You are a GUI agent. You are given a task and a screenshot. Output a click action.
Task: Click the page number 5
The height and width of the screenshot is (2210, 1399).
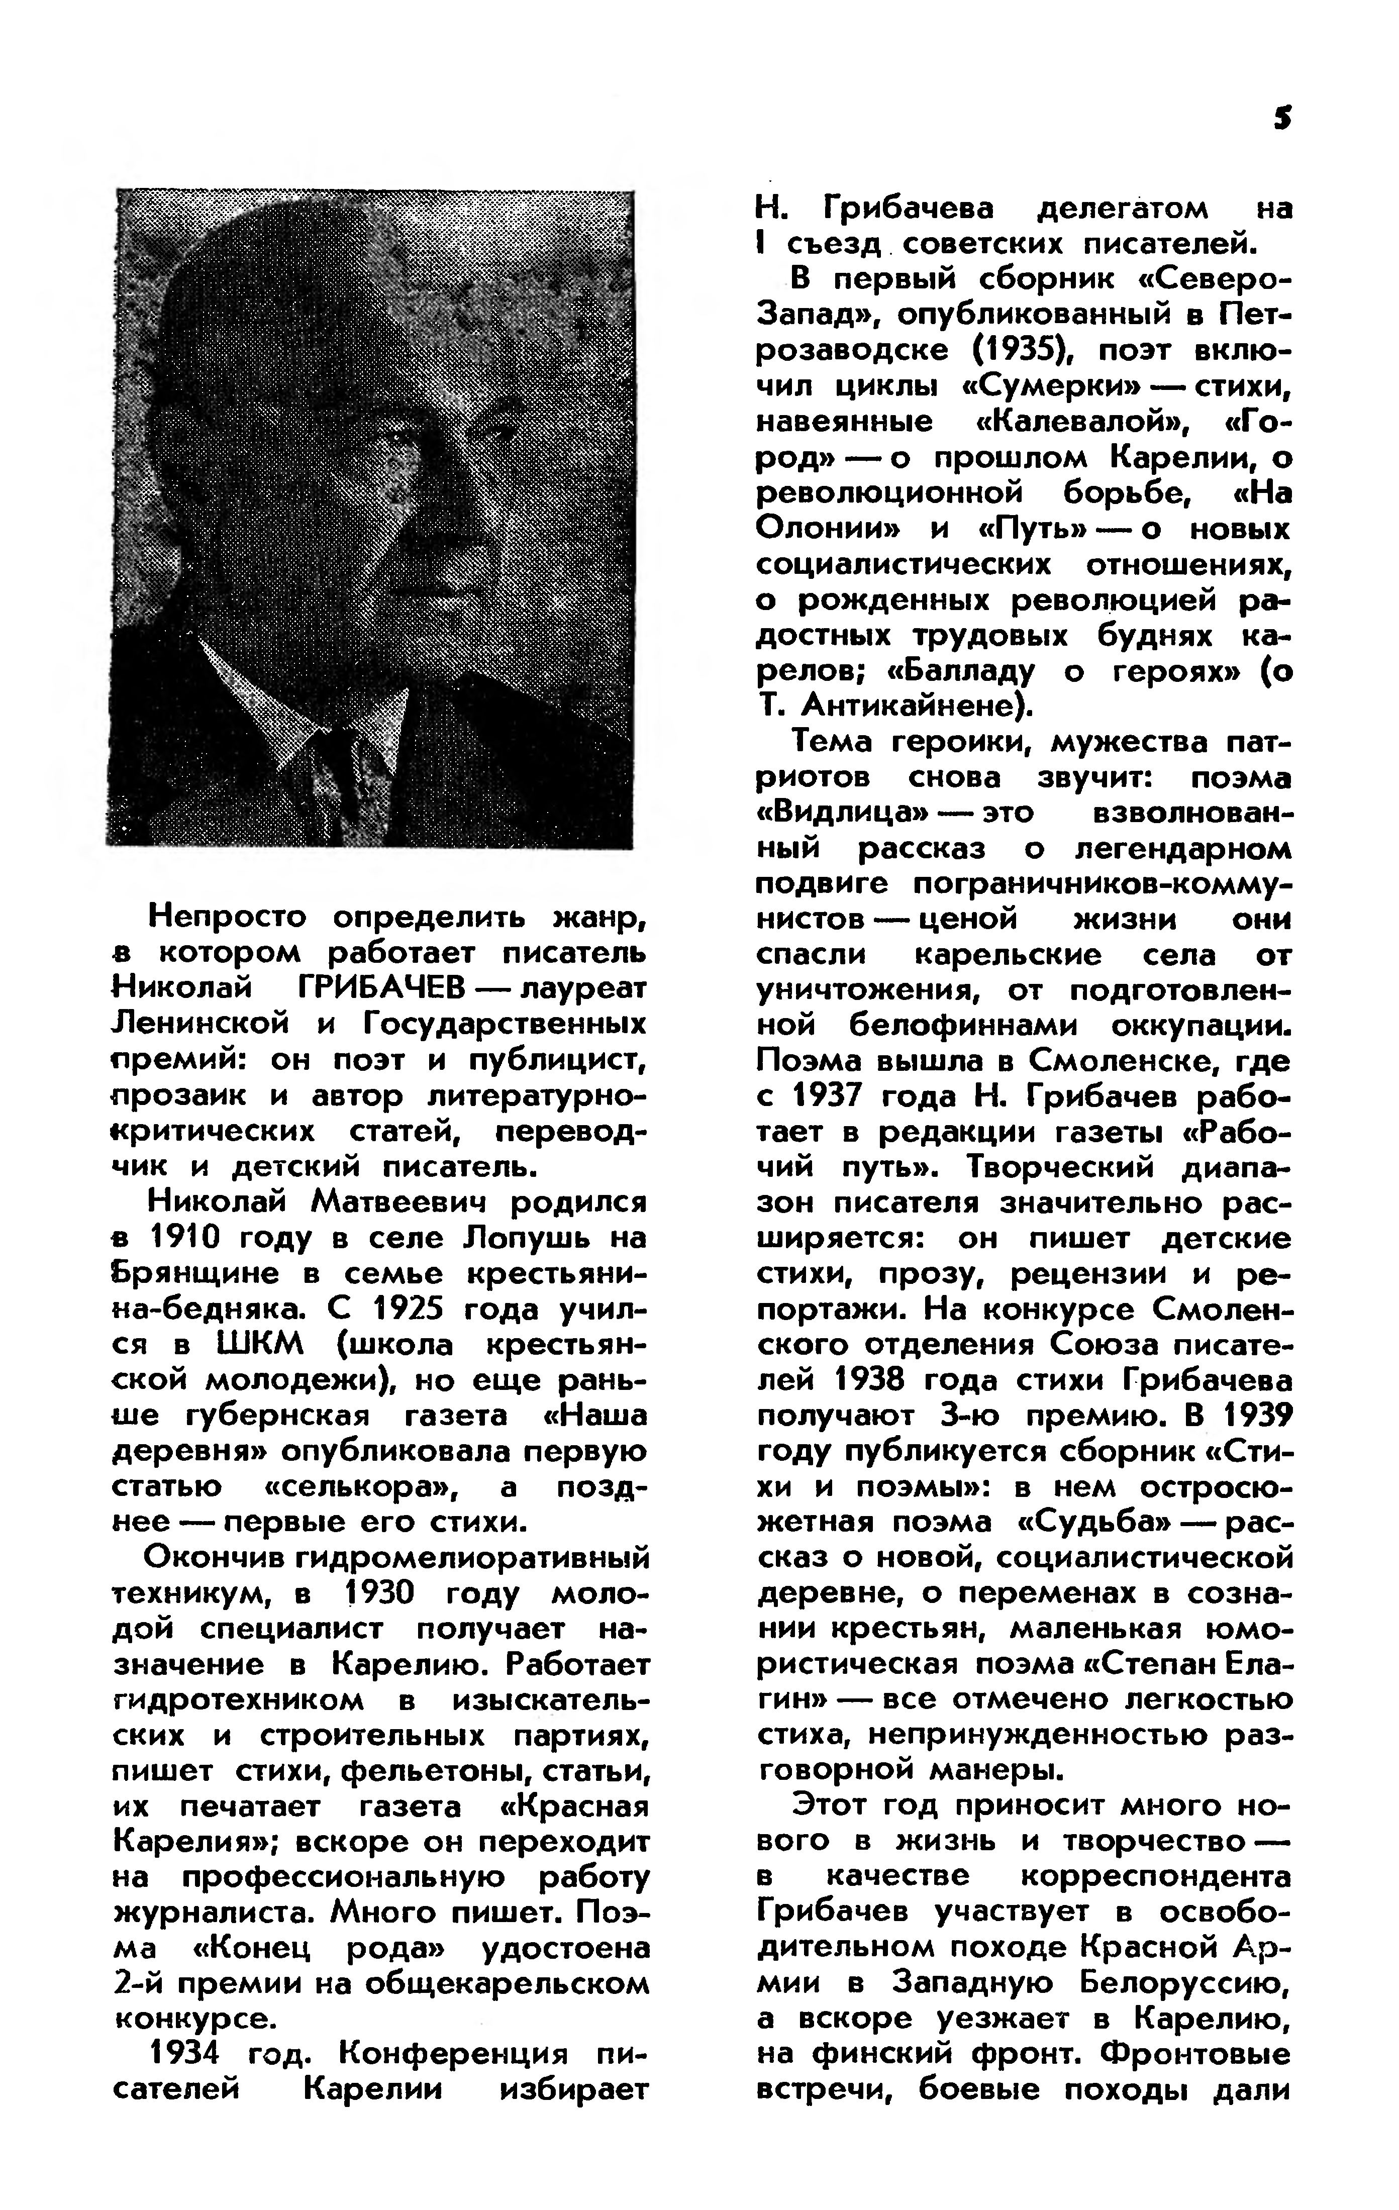point(1282,119)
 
